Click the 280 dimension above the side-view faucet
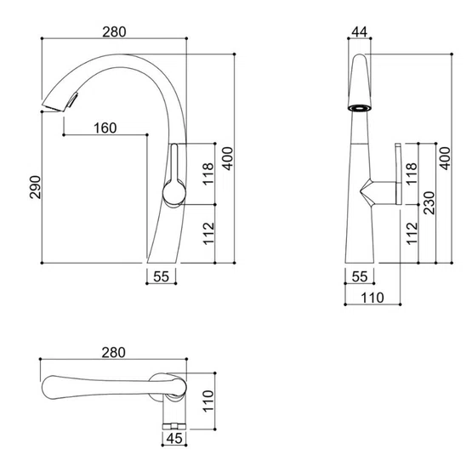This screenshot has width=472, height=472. (x=114, y=32)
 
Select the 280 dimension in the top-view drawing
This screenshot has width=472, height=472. (x=113, y=352)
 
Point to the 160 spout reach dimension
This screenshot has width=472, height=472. (x=105, y=128)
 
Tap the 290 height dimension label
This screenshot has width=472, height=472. (x=35, y=187)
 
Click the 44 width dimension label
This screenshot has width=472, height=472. (x=360, y=32)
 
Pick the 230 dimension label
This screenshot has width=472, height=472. (x=429, y=203)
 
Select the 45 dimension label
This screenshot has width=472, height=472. (x=174, y=439)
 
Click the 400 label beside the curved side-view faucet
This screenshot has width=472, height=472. (x=228, y=159)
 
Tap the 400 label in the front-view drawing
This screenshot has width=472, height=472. (x=445, y=159)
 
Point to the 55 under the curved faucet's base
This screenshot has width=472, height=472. (x=161, y=276)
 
